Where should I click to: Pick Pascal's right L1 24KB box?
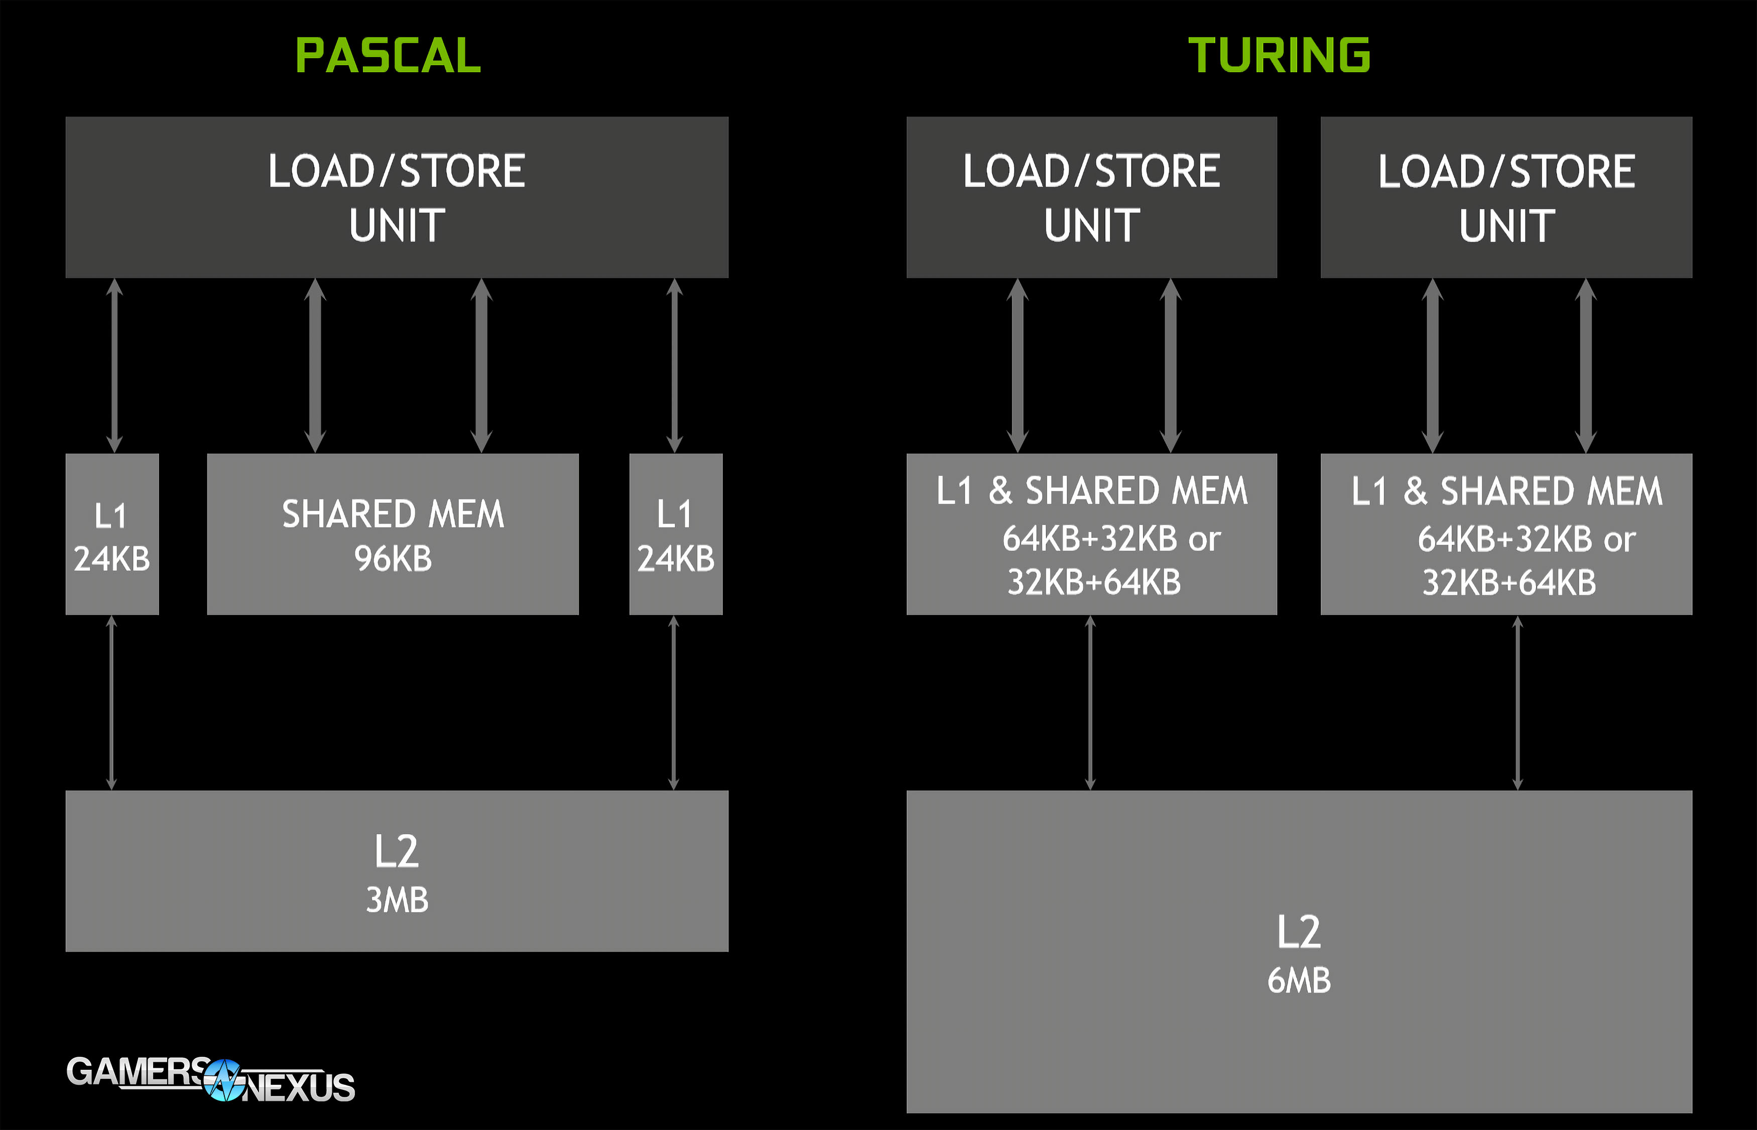(676, 534)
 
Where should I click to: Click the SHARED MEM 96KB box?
(393, 534)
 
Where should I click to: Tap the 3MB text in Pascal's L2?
(397, 900)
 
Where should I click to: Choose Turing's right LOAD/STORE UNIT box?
(1506, 197)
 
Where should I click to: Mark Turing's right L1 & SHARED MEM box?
(1506, 534)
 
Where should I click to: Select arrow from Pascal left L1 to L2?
(111, 703)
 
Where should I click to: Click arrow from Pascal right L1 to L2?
(674, 703)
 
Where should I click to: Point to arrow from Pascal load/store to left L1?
(114, 365)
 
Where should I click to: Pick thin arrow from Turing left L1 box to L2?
(1090, 703)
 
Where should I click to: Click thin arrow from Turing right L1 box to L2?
(1517, 703)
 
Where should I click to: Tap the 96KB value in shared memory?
(393, 559)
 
